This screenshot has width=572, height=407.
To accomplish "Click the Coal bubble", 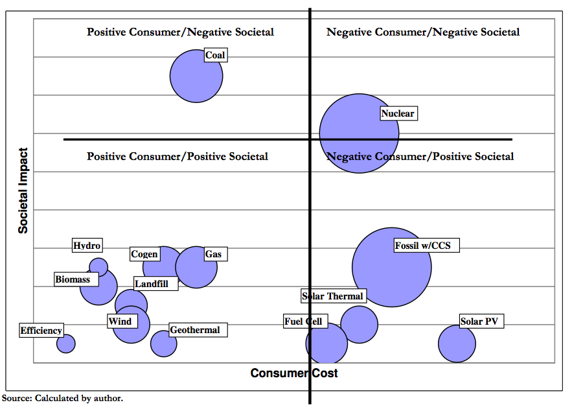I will click(x=196, y=76).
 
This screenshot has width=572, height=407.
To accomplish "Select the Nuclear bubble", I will click(x=359, y=134).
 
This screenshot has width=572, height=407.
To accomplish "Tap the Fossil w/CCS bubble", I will click(x=392, y=267).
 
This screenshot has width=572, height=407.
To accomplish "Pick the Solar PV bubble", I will click(x=457, y=343).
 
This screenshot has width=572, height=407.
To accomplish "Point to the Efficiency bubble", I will click(x=65, y=343).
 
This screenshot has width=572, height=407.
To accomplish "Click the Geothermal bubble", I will click(x=164, y=343).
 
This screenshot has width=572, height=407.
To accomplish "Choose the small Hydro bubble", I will click(x=98, y=266).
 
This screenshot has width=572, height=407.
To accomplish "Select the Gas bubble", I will click(x=196, y=267).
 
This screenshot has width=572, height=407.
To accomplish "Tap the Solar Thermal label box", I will click(x=333, y=296).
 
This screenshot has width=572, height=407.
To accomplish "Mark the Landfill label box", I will click(x=155, y=283).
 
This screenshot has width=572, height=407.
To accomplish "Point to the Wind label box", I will click(x=120, y=321).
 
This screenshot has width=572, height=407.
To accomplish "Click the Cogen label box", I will click(x=144, y=254).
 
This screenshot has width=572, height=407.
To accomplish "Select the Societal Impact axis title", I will click(x=23, y=191).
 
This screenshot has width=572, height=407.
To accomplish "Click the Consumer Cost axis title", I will click(x=294, y=373).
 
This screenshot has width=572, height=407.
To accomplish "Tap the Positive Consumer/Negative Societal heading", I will click(x=180, y=32).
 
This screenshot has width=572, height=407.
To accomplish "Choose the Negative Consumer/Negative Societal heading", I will click(x=423, y=32).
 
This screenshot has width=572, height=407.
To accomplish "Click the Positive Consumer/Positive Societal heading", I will click(x=177, y=156).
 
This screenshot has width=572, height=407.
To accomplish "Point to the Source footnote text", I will click(x=63, y=398).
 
